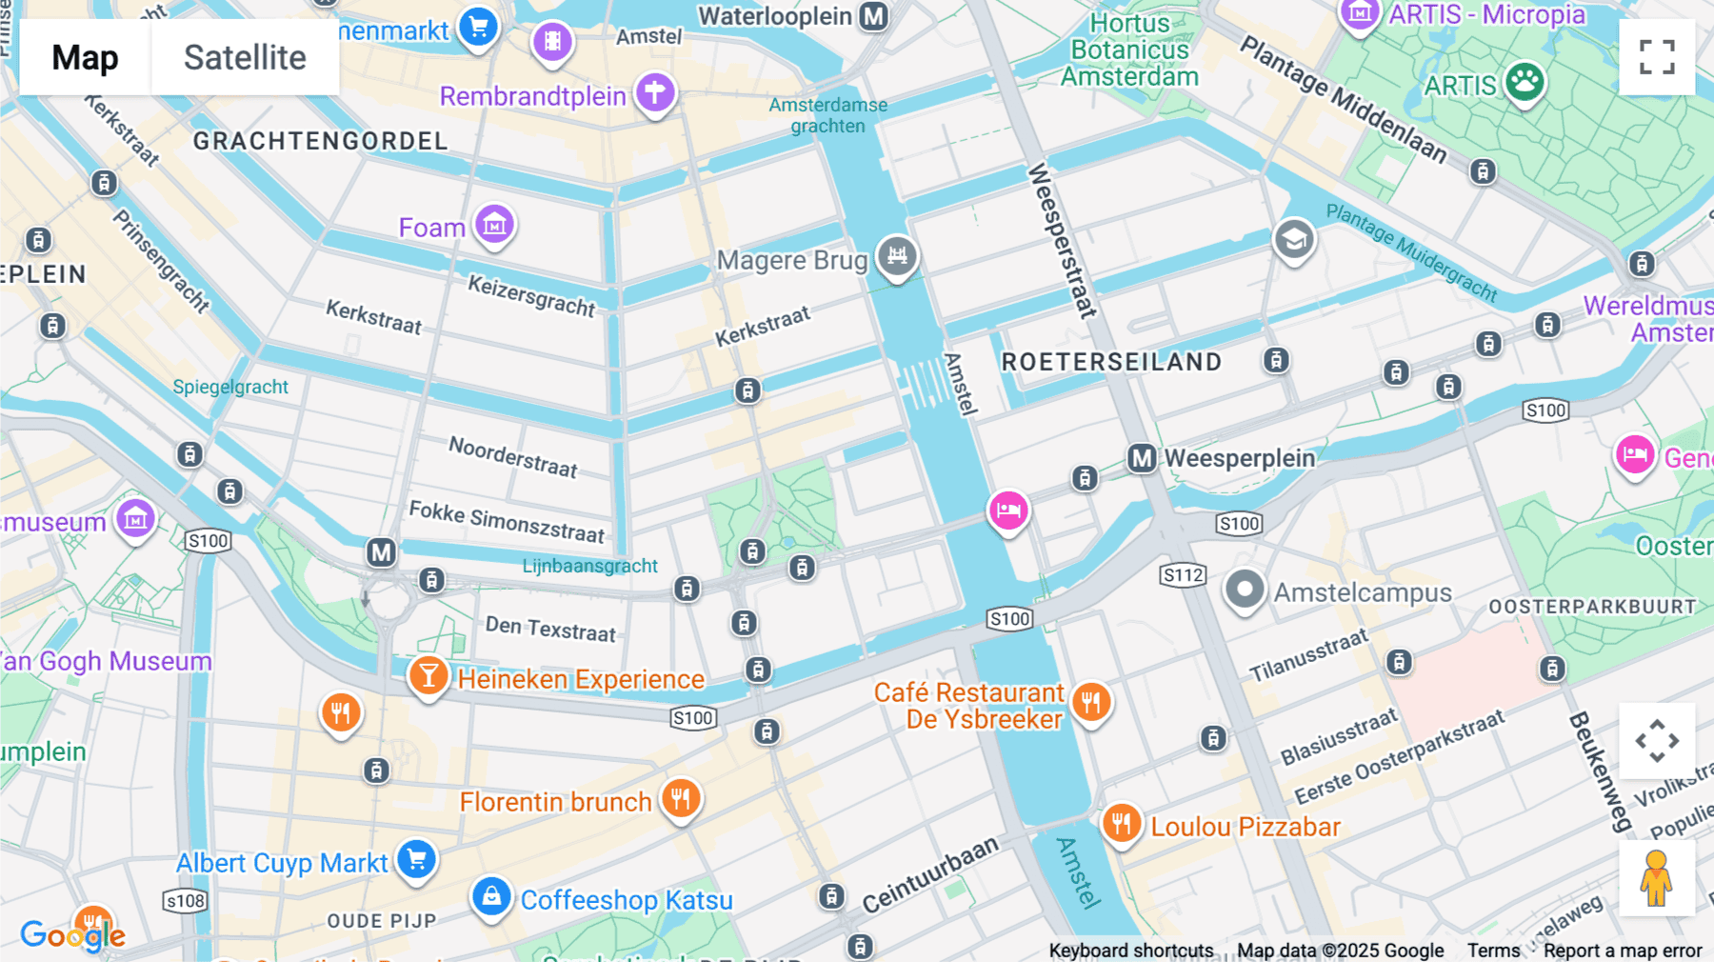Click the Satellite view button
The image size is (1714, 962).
245,57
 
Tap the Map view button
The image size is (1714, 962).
85,57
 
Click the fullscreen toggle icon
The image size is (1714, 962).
1657,57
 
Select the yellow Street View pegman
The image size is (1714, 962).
1657,877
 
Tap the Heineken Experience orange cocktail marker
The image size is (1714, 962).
428,676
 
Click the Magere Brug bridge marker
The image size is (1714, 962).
897,255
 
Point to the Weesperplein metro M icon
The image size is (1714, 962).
1142,458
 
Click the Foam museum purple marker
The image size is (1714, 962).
494,225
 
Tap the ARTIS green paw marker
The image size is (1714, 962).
1525,82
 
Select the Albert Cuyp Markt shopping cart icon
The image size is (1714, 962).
416,859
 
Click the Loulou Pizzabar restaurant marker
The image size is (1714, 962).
1122,823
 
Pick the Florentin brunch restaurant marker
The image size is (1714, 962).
681,798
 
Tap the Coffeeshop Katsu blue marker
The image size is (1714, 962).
491,897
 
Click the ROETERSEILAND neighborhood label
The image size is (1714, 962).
1111,362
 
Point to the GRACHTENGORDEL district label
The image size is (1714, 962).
320,141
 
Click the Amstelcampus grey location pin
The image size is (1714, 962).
1244,590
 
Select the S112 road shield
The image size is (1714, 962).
1183,574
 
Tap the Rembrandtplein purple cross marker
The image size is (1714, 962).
655,92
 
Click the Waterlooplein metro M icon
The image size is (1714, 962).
873,16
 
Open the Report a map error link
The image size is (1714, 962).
1622,950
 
